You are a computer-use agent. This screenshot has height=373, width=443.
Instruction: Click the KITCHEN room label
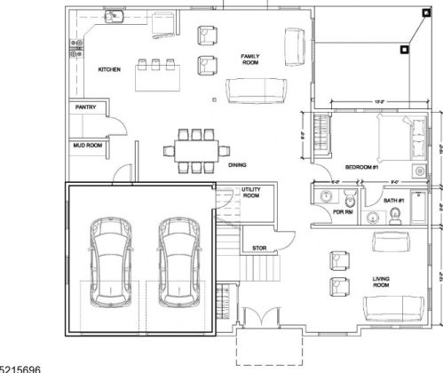(x=109, y=68)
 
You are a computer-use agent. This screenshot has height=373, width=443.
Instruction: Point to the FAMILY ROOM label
(x=250, y=60)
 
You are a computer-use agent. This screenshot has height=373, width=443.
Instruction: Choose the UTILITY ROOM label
(x=251, y=193)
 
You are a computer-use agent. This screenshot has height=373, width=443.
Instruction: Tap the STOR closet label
(x=260, y=248)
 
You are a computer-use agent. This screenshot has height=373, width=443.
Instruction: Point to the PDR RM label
(x=343, y=214)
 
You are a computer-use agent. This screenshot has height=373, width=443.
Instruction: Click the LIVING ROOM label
(x=382, y=282)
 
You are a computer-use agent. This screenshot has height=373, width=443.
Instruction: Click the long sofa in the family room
(x=257, y=90)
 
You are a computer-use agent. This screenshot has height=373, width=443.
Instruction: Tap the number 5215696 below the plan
(x=20, y=367)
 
